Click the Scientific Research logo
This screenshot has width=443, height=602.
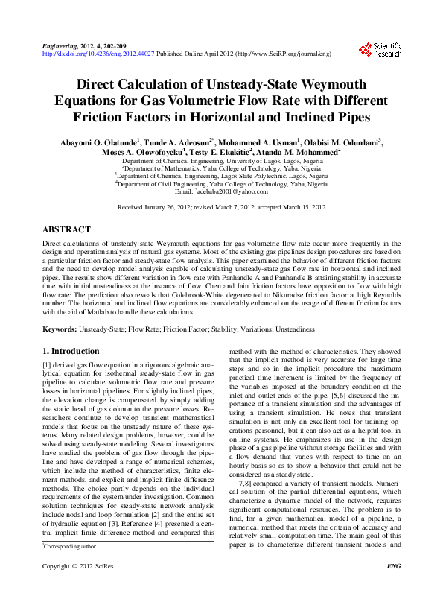tap(380, 50)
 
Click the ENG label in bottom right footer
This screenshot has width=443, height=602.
tap(394, 587)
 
